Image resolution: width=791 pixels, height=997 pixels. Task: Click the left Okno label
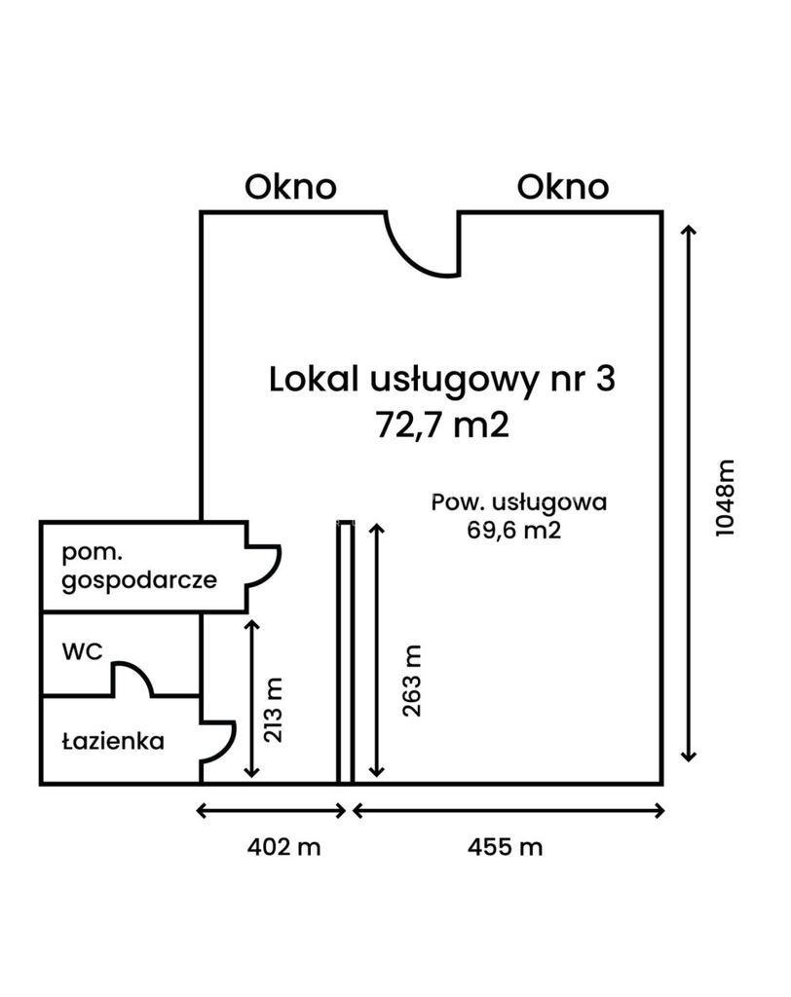pos(290,186)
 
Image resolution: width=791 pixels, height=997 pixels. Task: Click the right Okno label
pos(563,186)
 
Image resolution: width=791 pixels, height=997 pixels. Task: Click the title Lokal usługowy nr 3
pos(442,379)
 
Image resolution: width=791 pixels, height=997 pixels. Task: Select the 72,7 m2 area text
pos(442,425)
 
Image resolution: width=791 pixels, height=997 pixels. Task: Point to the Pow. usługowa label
pos(519,502)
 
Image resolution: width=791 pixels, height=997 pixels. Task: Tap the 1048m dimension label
pos(726,496)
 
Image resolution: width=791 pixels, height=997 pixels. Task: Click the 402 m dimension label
pos(282,847)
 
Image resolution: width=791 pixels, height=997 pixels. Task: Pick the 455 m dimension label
pos(505,847)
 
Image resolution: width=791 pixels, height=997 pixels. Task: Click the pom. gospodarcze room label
pos(137,568)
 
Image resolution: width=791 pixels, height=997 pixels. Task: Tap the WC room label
pos(83,652)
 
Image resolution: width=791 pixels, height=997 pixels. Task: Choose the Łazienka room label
pos(112,741)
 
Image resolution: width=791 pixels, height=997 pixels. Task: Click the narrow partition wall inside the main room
pos(344,652)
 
